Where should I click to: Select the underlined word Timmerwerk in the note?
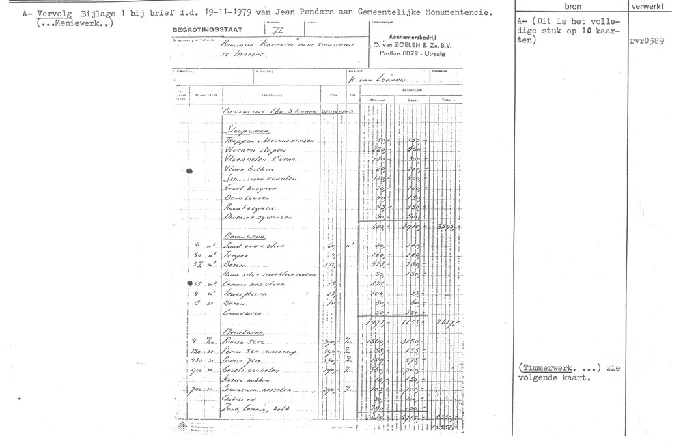tap(546, 368)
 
